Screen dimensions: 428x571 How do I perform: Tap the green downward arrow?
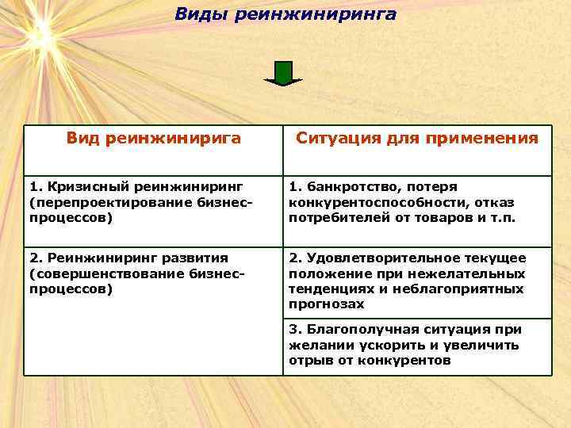283,73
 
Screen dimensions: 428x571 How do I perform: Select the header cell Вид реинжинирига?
153,139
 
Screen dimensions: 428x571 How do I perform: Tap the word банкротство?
350,187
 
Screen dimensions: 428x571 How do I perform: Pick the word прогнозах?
327,304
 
